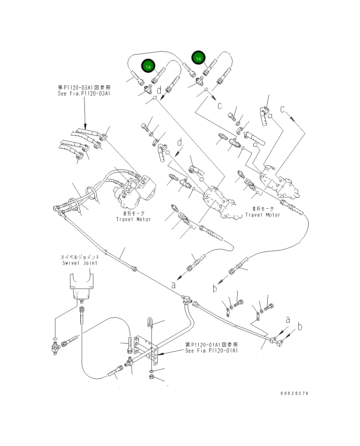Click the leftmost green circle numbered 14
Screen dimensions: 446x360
[x=148, y=67]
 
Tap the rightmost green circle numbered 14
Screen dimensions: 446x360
[x=198, y=59]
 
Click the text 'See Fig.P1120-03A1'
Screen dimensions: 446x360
[x=84, y=94]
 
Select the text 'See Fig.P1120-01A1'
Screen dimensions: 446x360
[x=212, y=351]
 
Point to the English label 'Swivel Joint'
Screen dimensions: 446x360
[x=80, y=263]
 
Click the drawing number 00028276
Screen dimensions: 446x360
[x=294, y=393]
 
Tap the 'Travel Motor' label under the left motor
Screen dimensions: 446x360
[x=133, y=219]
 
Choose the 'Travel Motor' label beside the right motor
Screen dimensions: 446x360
[x=263, y=215]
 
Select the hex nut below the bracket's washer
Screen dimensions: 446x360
[x=152, y=377]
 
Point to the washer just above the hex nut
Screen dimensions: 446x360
[x=152, y=371]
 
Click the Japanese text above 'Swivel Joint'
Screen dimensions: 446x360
[x=80, y=257]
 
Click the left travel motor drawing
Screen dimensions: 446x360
[x=133, y=191]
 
